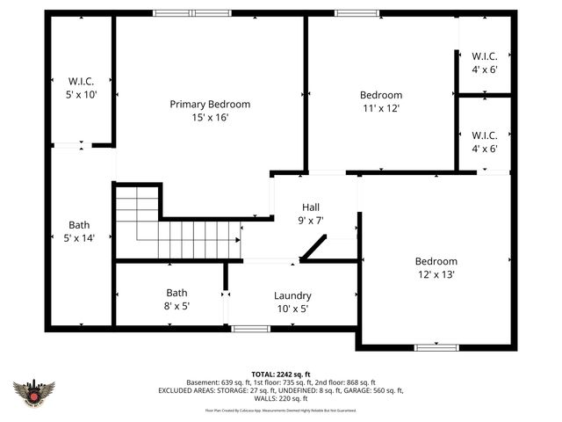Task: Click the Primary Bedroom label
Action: (210, 104)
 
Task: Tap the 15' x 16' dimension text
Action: (210, 117)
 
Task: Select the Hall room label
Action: (310, 207)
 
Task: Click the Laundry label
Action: (292, 295)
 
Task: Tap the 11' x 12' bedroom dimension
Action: (380, 108)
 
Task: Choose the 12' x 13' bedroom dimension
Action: (436, 274)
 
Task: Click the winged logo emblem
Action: (34, 391)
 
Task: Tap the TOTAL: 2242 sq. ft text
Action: (281, 374)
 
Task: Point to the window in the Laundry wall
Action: (251, 329)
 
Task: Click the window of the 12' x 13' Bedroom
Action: (436, 347)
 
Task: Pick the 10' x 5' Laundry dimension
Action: (292, 309)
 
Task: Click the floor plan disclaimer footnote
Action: (281, 410)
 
